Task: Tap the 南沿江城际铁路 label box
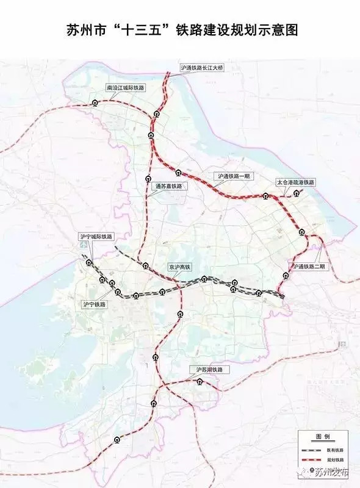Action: click(x=126, y=88)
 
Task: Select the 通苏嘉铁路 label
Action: click(x=168, y=186)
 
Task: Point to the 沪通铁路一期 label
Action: click(x=234, y=176)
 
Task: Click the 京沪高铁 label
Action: click(x=180, y=267)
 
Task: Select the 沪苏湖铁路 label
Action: click(x=209, y=370)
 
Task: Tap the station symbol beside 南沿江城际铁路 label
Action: click(x=95, y=103)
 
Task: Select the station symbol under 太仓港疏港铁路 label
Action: click(x=297, y=193)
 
